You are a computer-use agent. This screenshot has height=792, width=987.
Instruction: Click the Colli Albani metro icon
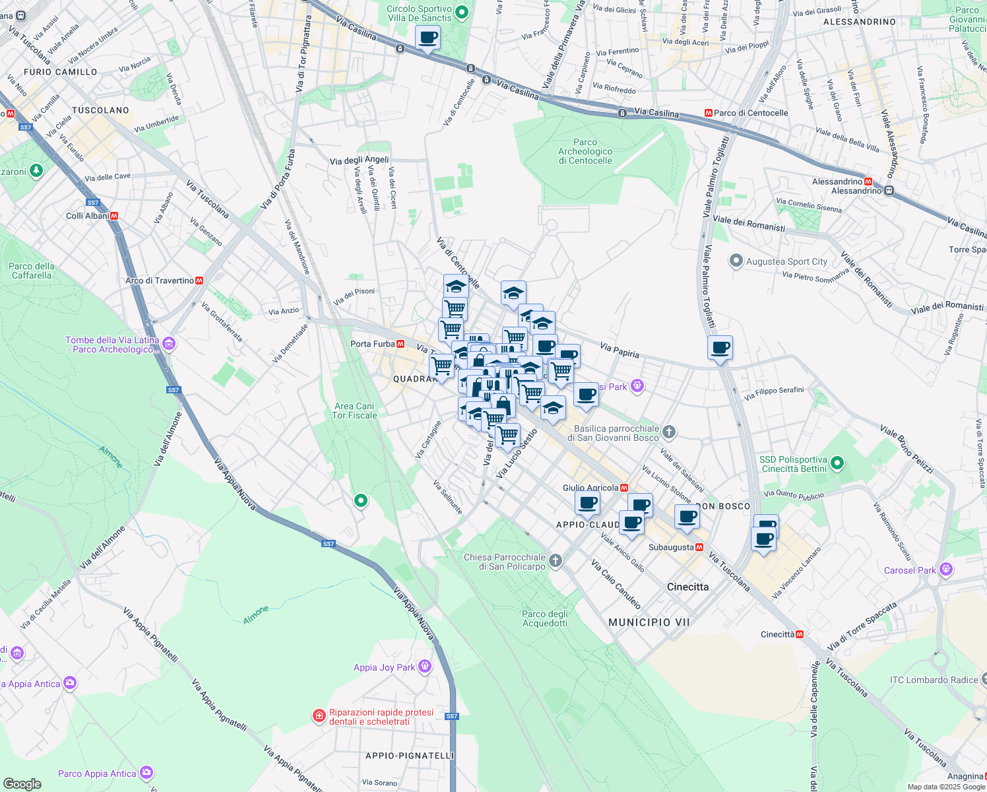tap(114, 216)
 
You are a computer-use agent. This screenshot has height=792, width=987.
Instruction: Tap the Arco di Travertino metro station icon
tap(199, 280)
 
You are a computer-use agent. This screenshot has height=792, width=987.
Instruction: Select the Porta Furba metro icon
tap(400, 344)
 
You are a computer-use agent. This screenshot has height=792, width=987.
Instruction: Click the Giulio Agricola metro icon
tap(624, 488)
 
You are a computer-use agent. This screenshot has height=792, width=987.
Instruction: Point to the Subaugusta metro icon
tap(699, 547)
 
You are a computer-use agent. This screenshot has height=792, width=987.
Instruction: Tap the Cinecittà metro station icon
tap(800, 634)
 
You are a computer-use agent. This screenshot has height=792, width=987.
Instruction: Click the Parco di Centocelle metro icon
tap(709, 113)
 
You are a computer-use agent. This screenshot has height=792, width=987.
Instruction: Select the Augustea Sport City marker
tap(736, 261)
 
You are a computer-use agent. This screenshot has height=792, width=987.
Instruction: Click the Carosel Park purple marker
tap(945, 569)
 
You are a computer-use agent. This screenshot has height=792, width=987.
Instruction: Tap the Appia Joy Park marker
tap(425, 667)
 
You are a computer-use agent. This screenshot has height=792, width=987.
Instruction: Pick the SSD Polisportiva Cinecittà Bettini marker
tap(837, 463)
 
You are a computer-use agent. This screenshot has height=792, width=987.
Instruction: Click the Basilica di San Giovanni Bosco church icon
tap(669, 432)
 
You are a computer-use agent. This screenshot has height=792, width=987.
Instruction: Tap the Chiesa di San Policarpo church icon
tap(556, 561)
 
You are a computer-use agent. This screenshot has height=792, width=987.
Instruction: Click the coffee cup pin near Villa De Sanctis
tap(428, 38)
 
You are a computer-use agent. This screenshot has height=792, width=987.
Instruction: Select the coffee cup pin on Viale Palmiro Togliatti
tap(720, 348)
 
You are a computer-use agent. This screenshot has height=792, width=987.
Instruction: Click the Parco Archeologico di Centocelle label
tap(585, 151)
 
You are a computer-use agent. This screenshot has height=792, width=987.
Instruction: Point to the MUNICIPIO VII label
tap(649, 622)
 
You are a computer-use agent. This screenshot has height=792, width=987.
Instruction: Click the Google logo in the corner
tap(22, 783)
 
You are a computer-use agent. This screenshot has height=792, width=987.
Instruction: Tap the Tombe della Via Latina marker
tap(169, 343)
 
